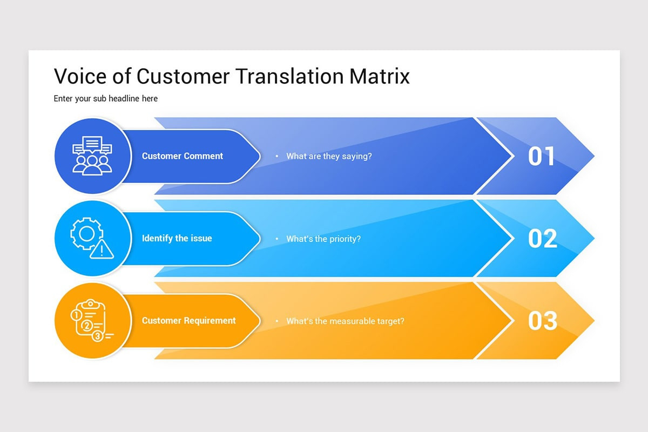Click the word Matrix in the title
click(379, 76)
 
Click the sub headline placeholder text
click(106, 98)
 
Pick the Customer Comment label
click(183, 156)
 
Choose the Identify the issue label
click(177, 238)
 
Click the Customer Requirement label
click(189, 320)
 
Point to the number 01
click(542, 156)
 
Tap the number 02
click(542, 238)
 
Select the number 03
click(542, 321)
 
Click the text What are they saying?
click(329, 156)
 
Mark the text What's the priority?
click(323, 238)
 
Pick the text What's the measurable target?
click(345, 321)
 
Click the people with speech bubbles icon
click(92, 156)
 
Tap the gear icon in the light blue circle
click(86, 234)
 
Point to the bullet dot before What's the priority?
click(277, 239)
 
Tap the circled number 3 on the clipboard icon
click(98, 336)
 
